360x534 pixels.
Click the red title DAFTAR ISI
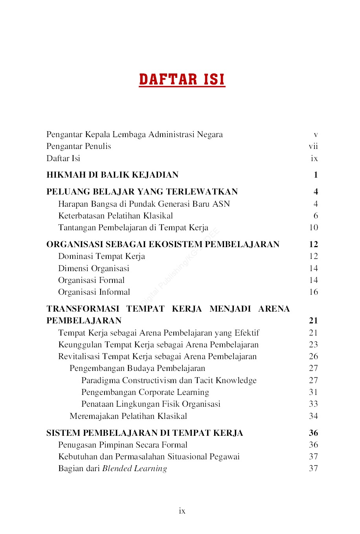coord(182,79)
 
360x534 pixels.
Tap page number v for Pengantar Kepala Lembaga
coord(316,135)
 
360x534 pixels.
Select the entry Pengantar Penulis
coord(79,146)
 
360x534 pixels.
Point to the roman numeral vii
coord(313,146)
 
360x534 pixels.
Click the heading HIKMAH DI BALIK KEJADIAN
coord(112,175)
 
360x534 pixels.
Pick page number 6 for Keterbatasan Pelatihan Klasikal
coord(316,216)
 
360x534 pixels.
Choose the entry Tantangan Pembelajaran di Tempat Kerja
coord(133,228)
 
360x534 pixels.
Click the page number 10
coord(313,228)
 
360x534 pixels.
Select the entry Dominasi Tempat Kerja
coord(101,256)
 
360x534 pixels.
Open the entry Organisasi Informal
coord(94,292)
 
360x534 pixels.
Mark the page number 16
coord(313,292)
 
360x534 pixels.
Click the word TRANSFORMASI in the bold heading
coord(83,309)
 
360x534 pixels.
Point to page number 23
coord(313,345)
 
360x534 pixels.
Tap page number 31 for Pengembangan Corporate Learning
coord(313,392)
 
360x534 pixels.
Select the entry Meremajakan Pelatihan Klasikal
coord(128,416)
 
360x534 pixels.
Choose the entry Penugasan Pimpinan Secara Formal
coord(123,445)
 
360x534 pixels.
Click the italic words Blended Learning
coord(134,468)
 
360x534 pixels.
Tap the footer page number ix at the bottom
coord(182,511)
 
